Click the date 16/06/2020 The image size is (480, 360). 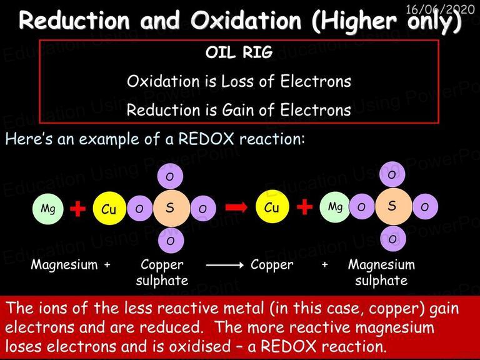pyautogui.click(x=440, y=9)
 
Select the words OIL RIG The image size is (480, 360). pyautogui.click(x=239, y=52)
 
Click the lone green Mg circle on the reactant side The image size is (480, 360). pyautogui.click(x=48, y=209)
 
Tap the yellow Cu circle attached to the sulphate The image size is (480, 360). pyautogui.click(x=109, y=209)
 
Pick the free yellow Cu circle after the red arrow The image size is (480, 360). pyautogui.click(x=272, y=207)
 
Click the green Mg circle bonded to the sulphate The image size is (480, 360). pyautogui.click(x=335, y=207)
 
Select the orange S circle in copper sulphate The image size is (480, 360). pyautogui.click(x=171, y=208)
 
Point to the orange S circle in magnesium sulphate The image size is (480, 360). pyautogui.click(x=393, y=207)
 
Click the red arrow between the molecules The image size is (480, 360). pyautogui.click(x=236, y=207)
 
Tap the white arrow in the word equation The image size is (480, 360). pyautogui.click(x=225, y=265)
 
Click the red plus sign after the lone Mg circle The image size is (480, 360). pyautogui.click(x=78, y=209)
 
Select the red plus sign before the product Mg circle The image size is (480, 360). pyautogui.click(x=304, y=207)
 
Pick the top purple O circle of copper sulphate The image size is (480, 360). pyautogui.click(x=170, y=176)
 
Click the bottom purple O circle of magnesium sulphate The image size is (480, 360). pyautogui.click(x=393, y=239)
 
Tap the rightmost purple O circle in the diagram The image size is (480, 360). pyautogui.click(x=425, y=207)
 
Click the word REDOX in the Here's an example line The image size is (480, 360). pyautogui.click(x=206, y=139)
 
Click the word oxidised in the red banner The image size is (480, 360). pyautogui.click(x=200, y=346)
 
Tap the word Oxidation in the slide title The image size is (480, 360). pyautogui.click(x=246, y=20)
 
